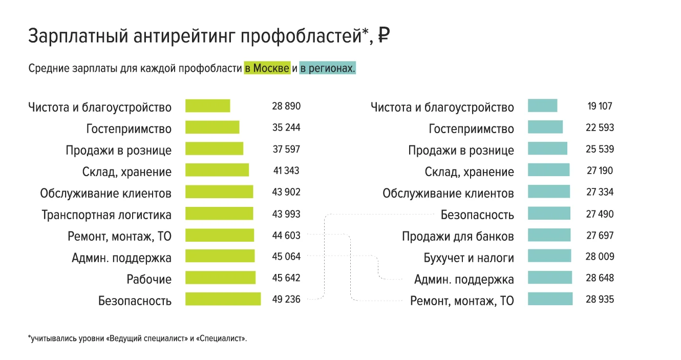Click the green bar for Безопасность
click(223, 299)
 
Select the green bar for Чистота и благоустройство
click(207, 106)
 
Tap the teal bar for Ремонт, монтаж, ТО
click(550, 299)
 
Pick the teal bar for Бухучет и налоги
click(549, 256)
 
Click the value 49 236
click(286, 299)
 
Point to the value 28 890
click(286, 106)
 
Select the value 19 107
click(600, 106)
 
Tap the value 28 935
click(600, 299)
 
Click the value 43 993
click(286, 214)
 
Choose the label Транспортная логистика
click(107, 215)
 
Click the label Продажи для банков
click(458, 236)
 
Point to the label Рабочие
click(149, 279)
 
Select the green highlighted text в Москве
click(267, 68)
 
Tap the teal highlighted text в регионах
click(327, 68)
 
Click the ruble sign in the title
click(384, 36)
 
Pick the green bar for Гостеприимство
click(212, 128)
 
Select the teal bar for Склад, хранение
click(548, 171)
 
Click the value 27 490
click(600, 214)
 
